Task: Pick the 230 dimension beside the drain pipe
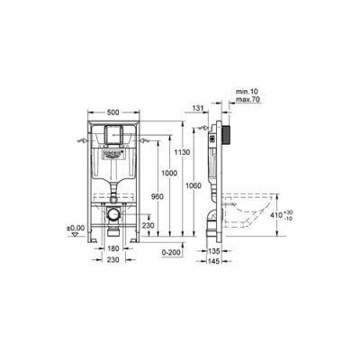click(148, 226)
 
